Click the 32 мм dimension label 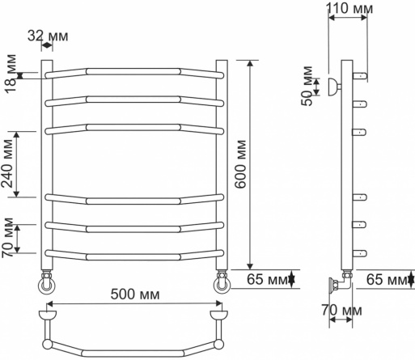click(48, 36)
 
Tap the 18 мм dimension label click(11, 74)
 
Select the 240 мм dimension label click(7, 163)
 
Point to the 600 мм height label click(240, 164)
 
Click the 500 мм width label click(135, 294)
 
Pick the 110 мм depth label click(349, 8)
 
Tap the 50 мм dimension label click(307, 86)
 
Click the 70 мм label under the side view click(341, 311)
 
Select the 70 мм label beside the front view click(7, 238)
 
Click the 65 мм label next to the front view click(267, 279)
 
